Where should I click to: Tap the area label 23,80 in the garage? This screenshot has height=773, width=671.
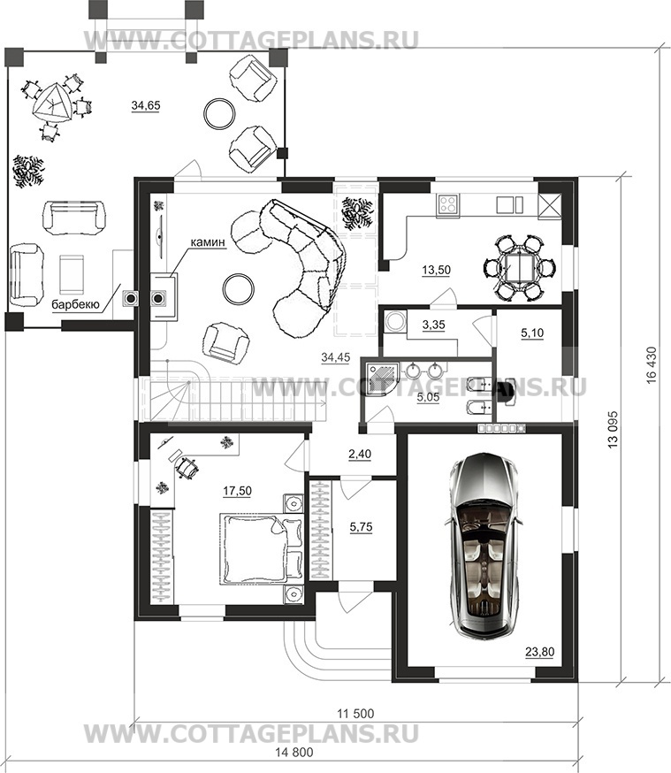(x=539, y=652)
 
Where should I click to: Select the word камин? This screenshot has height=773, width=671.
(x=209, y=242)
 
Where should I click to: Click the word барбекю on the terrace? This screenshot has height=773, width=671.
(x=75, y=304)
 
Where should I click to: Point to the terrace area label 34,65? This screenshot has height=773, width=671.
(x=146, y=105)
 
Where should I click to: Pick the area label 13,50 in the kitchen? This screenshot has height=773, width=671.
(x=436, y=270)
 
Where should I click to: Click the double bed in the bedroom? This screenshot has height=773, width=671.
(x=261, y=548)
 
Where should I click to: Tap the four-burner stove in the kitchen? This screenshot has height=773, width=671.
(x=448, y=204)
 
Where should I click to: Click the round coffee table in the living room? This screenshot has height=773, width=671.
(x=239, y=289)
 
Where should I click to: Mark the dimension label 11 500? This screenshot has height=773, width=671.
(x=355, y=714)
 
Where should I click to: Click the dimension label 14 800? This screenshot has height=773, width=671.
(x=294, y=753)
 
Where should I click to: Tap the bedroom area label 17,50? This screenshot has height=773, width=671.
(x=237, y=491)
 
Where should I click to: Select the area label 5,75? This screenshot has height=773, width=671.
(x=361, y=527)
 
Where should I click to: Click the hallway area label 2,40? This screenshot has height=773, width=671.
(x=360, y=454)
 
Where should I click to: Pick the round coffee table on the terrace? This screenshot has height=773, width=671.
(x=220, y=113)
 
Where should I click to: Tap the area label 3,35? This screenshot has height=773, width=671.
(x=433, y=325)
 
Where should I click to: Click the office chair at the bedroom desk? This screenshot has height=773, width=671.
(x=187, y=466)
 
